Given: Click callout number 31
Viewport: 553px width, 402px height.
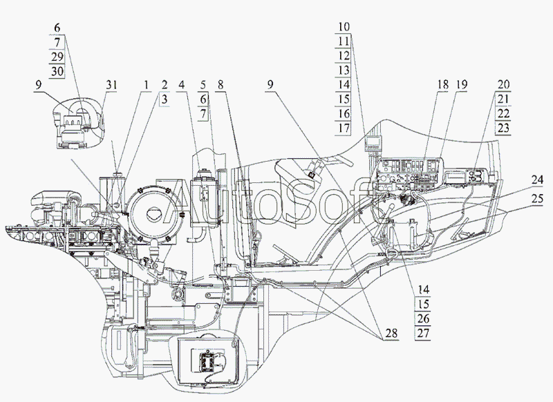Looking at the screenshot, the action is [111, 85].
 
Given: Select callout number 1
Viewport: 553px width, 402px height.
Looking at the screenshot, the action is [146, 85].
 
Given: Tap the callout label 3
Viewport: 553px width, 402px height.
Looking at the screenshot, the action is [165, 99].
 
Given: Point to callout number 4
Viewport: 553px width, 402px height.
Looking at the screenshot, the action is [182, 85].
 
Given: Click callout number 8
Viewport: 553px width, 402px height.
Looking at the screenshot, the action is [221, 85].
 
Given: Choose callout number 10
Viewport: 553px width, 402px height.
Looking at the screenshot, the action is [344, 27].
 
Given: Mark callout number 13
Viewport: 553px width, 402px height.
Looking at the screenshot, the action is [344, 70].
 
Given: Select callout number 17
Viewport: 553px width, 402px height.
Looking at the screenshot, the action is [344, 128].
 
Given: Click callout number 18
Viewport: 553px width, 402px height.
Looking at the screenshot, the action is [442, 85].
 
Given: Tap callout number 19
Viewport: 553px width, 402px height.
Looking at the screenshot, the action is [461, 85].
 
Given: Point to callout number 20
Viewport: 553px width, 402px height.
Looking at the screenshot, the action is [503, 85].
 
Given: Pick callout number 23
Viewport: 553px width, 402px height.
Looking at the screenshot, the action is [503, 128].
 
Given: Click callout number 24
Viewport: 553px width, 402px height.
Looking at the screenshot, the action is [537, 180].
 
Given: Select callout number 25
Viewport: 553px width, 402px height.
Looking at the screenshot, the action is [537, 199].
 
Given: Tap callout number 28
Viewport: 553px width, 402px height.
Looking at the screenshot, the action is [391, 333].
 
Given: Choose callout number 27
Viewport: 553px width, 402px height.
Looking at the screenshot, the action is [423, 333].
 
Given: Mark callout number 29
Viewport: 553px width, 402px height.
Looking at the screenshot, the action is [57, 57].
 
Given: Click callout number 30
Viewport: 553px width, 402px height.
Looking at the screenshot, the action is [57, 72].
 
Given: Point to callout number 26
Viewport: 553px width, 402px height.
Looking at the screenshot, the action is [423, 318].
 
